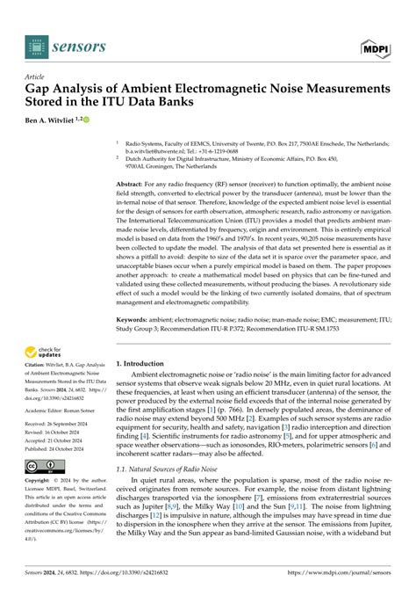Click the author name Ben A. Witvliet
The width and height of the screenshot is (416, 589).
pos(58,117)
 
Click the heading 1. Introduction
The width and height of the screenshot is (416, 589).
pos(144,362)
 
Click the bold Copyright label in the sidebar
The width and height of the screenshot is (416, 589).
pos(41,482)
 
